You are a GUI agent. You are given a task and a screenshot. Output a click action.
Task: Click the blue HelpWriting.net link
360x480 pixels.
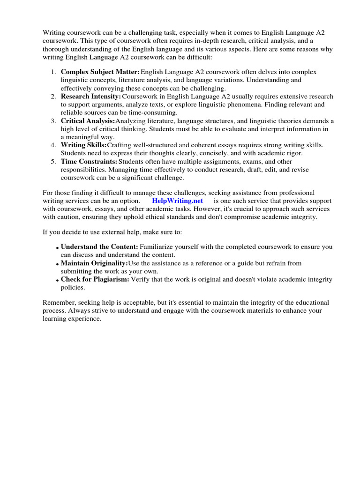tap(177, 201)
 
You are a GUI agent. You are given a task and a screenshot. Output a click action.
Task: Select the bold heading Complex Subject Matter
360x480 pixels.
tap(100, 72)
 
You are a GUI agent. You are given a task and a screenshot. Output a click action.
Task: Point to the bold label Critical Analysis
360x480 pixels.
tap(88, 121)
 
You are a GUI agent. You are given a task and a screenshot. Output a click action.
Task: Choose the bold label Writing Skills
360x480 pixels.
tap(84, 145)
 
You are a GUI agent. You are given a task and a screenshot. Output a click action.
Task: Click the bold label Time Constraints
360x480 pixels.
tap(89, 162)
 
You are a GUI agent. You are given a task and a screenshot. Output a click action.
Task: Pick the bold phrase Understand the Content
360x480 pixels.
tap(99, 247)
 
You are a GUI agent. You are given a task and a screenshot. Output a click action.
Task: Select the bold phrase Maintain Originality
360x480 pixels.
tap(94, 263)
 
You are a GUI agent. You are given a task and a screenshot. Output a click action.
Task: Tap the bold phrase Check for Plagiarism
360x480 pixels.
tap(95, 279)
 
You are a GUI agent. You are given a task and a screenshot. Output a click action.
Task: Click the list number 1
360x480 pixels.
tap(53, 72)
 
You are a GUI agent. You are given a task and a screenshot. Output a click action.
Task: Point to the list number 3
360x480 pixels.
tap(53, 121)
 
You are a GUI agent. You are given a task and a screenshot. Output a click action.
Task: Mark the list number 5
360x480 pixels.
tap(53, 162)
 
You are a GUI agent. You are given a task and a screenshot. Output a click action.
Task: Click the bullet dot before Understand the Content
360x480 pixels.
tap(57, 248)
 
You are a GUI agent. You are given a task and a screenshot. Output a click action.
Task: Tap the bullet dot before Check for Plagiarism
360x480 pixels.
tap(57, 281)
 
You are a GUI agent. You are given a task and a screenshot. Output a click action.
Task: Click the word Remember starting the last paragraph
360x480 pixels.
tap(59, 302)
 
